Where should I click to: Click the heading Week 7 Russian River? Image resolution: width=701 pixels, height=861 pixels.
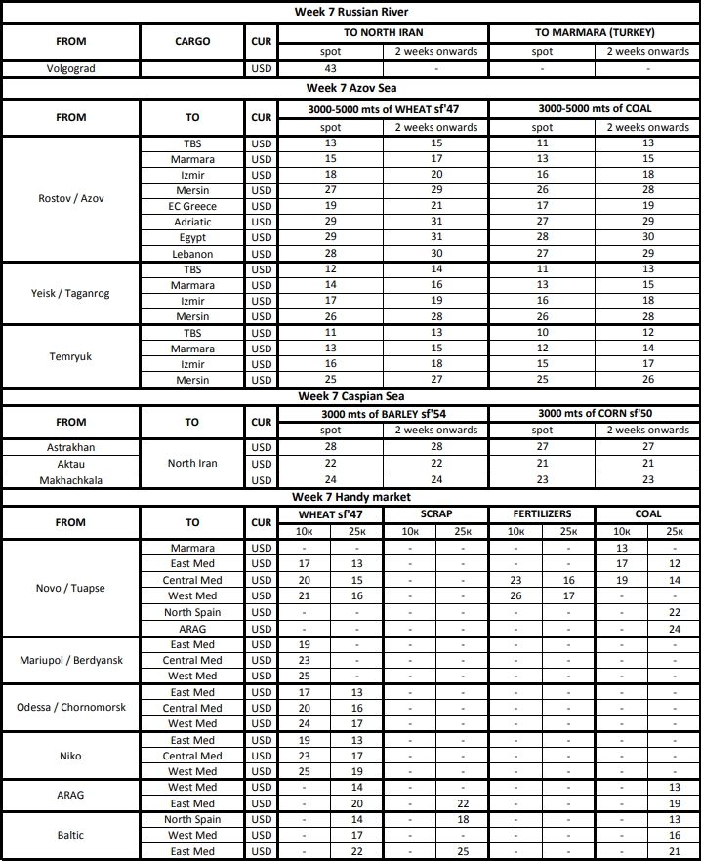pyautogui.click(x=350, y=12)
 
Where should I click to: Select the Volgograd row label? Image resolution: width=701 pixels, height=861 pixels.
pyautogui.click(x=70, y=69)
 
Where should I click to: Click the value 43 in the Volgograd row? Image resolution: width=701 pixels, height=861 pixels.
pyautogui.click(x=330, y=69)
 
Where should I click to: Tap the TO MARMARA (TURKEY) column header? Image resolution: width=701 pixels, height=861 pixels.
pyautogui.click(x=594, y=33)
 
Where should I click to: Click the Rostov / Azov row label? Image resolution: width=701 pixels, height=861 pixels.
pyautogui.click(x=70, y=198)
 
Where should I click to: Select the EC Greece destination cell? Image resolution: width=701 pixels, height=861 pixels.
pyautogui.click(x=192, y=206)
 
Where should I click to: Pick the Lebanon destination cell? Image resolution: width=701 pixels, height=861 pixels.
pyautogui.click(x=192, y=254)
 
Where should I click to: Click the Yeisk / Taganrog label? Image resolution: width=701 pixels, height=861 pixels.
pyautogui.click(x=70, y=293)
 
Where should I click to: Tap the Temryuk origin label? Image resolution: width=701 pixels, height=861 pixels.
pyautogui.click(x=70, y=356)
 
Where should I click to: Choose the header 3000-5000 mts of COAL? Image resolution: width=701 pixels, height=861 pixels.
pyautogui.click(x=594, y=109)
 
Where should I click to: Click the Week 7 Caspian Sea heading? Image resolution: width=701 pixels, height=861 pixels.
pyautogui.click(x=350, y=397)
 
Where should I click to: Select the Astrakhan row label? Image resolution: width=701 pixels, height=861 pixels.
pyautogui.click(x=70, y=447)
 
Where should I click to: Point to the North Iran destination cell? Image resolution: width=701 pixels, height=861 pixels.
pyautogui.click(x=192, y=463)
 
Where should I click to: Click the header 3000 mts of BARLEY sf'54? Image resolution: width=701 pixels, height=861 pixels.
pyautogui.click(x=383, y=414)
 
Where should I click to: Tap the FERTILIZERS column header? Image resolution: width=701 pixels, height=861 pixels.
pyautogui.click(x=542, y=513)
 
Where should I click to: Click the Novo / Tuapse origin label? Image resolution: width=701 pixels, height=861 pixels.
pyautogui.click(x=70, y=588)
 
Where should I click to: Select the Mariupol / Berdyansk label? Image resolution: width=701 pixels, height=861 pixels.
pyautogui.click(x=70, y=660)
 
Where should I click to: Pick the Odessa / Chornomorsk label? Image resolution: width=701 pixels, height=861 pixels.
pyautogui.click(x=70, y=708)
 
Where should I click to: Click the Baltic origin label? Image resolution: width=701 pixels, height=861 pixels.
pyautogui.click(x=70, y=836)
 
